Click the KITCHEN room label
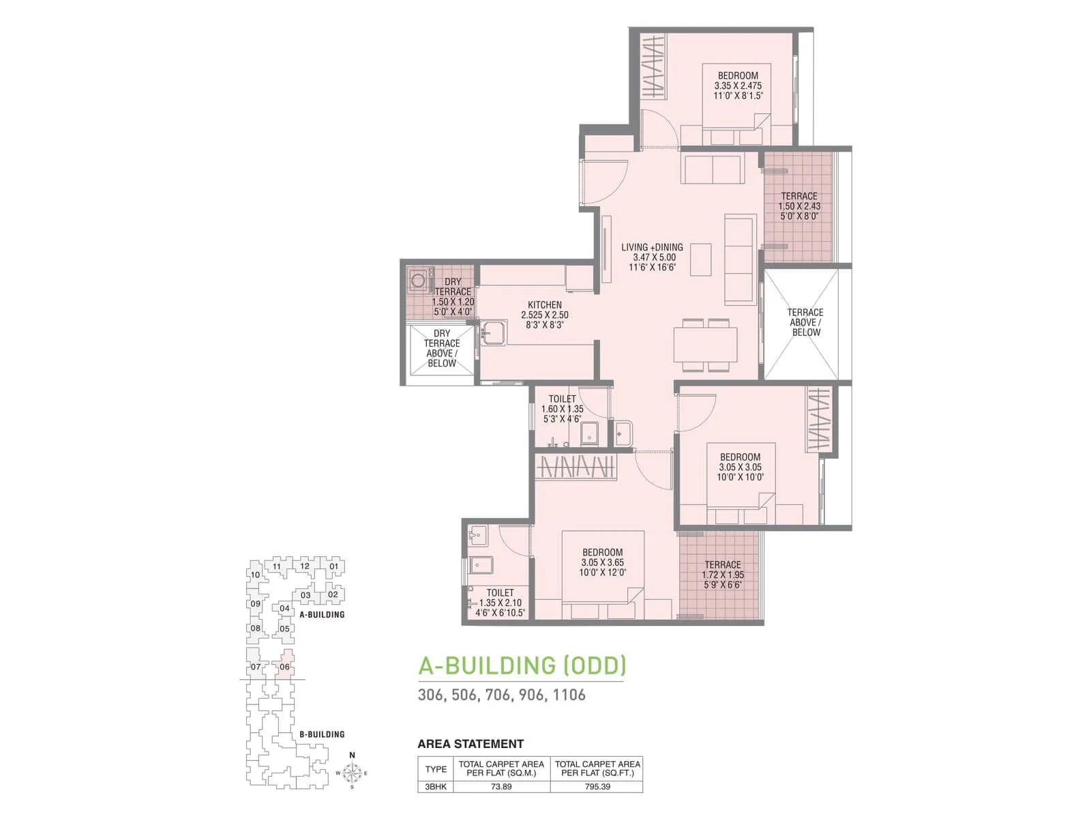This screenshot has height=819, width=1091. click(544, 305)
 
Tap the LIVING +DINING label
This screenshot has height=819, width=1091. click(652, 247)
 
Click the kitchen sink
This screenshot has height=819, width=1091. click(493, 334)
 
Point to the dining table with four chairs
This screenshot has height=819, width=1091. click(706, 345)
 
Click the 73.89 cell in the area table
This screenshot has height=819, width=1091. click(501, 786)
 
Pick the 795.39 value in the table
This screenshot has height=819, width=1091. click(597, 786)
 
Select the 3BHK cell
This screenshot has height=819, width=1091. click(436, 786)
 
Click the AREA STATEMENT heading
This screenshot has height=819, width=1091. click(470, 744)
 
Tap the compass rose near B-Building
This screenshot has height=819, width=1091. click(352, 773)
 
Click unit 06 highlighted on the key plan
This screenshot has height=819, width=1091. click(284, 667)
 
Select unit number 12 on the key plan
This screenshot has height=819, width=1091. click(305, 566)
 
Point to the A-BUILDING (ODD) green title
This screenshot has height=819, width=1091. click(522, 665)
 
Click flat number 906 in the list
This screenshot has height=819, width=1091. click(531, 695)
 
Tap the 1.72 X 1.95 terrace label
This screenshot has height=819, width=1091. click(723, 575)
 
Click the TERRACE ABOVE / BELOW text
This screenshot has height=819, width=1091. click(805, 322)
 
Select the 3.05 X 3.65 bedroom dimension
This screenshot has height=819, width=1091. click(602, 562)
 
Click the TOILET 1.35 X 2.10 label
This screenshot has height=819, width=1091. click(500, 603)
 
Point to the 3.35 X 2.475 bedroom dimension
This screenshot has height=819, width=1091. click(738, 86)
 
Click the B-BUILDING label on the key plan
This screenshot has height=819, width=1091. click(322, 734)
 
